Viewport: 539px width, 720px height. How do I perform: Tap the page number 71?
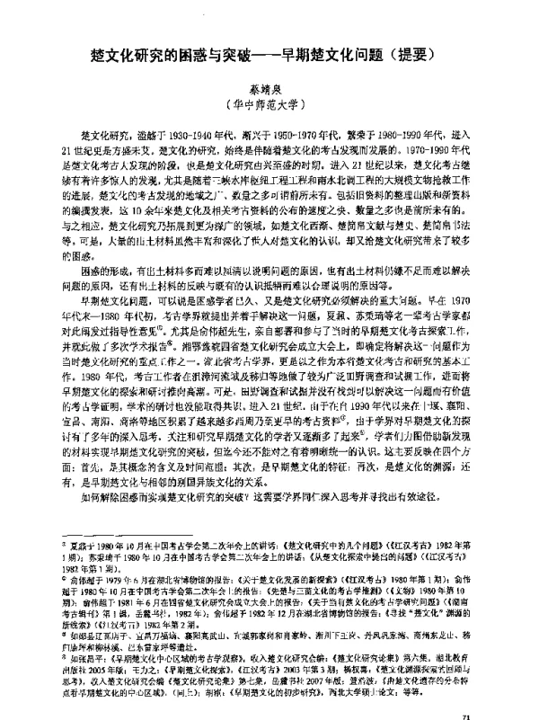[x=465, y=691]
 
